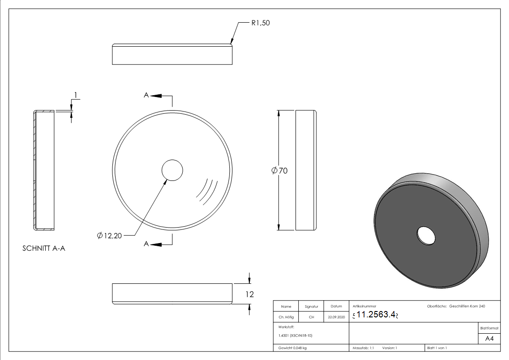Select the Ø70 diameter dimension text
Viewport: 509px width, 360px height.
click(280, 170)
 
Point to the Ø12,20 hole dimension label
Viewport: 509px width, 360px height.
click(110, 235)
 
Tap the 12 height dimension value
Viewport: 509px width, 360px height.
click(249, 294)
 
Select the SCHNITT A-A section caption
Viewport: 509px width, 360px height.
click(44, 249)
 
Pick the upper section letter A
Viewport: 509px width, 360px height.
click(146, 95)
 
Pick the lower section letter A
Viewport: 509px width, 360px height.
click(146, 244)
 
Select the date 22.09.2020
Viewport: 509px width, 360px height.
click(336, 317)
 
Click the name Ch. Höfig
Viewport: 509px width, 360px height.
click(286, 317)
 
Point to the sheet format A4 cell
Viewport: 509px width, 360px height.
click(489, 339)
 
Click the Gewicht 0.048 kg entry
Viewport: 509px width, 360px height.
click(292, 348)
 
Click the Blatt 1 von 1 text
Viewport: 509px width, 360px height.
click(436, 348)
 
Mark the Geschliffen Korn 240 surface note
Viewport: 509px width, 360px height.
click(467, 306)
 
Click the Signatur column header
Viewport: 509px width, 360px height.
click(311, 306)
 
